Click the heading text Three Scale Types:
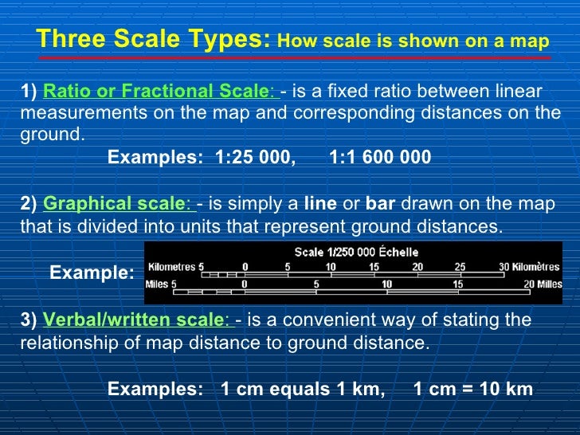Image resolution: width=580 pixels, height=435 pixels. pos(154,39)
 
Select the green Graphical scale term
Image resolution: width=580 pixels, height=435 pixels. pos(114,204)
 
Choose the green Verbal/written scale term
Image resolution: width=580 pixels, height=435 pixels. pos(135,320)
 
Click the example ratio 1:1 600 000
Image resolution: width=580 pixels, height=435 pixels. pos(379,157)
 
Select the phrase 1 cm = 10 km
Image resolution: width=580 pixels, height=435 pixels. pos(473,390)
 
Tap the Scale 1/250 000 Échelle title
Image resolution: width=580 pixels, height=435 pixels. pos(356,253)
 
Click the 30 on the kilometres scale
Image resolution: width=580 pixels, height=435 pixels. pos(504,267)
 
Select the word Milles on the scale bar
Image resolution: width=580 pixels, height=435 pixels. pos(549,284)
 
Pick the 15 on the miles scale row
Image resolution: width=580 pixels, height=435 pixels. pos(457,284)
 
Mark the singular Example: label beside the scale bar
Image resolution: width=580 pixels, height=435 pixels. pos(92,273)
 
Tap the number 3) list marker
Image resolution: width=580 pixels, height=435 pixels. pos(29,320)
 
